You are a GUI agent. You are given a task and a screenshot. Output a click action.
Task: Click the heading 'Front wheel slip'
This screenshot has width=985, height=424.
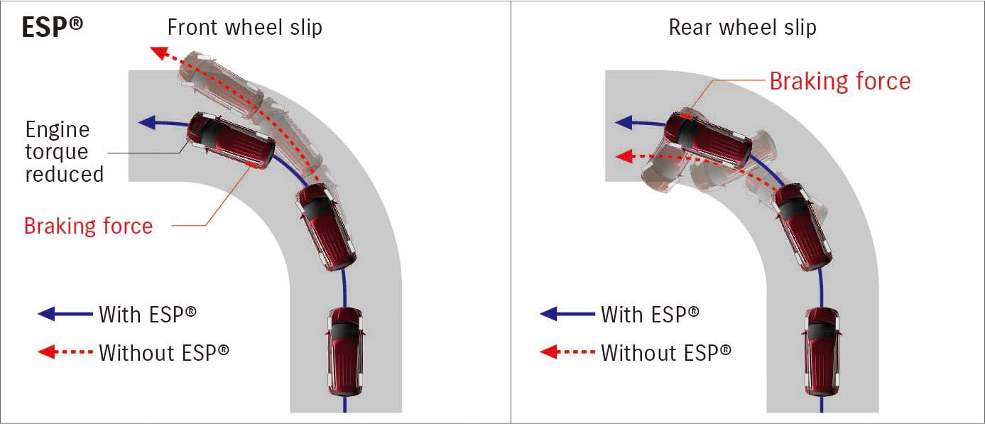(244, 28)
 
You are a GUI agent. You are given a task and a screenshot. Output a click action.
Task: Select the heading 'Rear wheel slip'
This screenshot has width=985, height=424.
(742, 28)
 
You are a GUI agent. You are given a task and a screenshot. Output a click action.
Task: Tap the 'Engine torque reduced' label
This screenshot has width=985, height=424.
(64, 151)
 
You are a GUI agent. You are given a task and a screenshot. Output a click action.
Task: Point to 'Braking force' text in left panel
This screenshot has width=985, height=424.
(88, 226)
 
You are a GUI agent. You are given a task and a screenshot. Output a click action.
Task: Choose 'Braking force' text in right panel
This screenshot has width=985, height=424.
(839, 81)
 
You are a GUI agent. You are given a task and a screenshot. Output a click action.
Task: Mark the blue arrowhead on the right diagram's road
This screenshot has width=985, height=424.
(623, 122)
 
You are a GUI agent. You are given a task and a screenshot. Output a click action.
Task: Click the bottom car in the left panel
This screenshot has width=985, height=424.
(345, 351)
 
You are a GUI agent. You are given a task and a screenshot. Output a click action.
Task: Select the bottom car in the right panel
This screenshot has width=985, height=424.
(822, 351)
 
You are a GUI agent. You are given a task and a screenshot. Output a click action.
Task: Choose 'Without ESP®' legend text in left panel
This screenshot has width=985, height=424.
(164, 352)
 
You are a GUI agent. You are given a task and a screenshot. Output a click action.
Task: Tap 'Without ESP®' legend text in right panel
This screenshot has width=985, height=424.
(665, 352)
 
